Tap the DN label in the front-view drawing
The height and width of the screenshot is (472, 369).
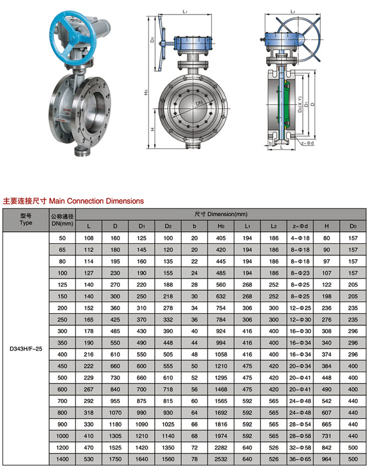(197, 103)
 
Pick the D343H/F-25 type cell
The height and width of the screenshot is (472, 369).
(26, 348)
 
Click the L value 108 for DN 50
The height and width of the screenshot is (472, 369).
(88, 238)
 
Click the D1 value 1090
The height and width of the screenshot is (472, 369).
(141, 423)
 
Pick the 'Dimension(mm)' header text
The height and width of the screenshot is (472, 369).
(221, 213)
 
